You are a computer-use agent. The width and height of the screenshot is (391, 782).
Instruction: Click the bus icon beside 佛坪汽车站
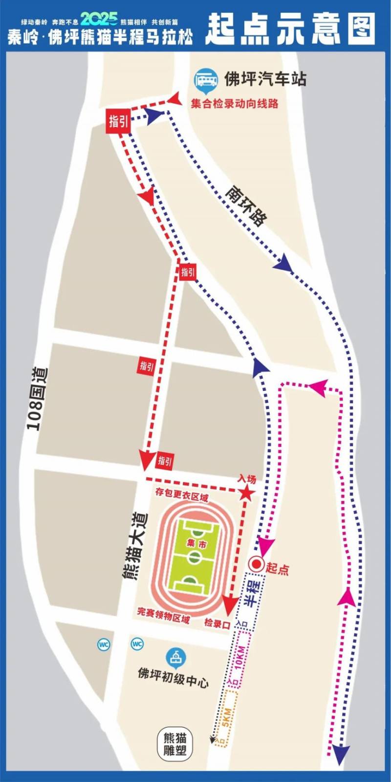pyautogui.click(x=206, y=79)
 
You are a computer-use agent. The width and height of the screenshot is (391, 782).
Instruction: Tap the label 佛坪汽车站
pyautogui.click(x=265, y=79)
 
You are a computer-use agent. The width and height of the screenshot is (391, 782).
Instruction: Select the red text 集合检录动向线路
pyautogui.click(x=235, y=104)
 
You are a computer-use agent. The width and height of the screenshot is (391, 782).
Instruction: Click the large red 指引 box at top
pyautogui.click(x=118, y=121)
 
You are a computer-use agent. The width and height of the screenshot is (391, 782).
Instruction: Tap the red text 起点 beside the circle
pyautogui.click(x=278, y=568)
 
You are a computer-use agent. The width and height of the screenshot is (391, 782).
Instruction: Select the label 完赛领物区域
pyautogui.click(x=163, y=615)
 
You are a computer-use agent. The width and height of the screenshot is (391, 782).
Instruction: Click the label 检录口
pyautogui.click(x=217, y=624)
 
